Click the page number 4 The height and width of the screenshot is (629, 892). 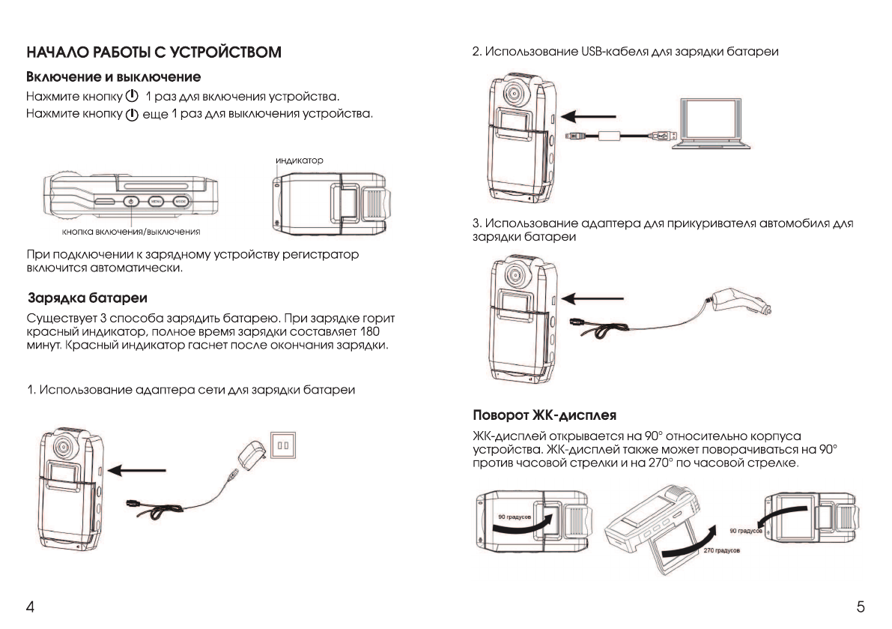click(29, 606)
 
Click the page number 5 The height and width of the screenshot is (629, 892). click(861, 606)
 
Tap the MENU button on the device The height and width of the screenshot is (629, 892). click(156, 201)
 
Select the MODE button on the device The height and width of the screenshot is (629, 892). click(180, 201)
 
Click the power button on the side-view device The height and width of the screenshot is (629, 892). click(130, 201)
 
